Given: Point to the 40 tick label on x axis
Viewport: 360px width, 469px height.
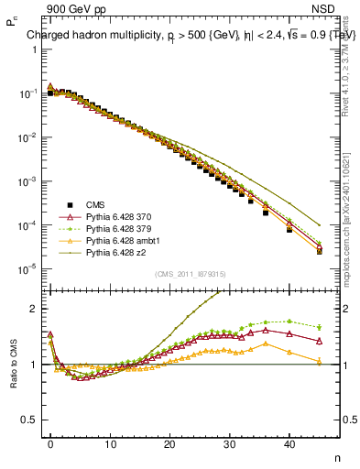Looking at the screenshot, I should [289, 444].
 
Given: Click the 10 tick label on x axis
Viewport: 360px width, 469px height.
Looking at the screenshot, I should [111, 444].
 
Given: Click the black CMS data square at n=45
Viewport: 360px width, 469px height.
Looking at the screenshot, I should [319, 251].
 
